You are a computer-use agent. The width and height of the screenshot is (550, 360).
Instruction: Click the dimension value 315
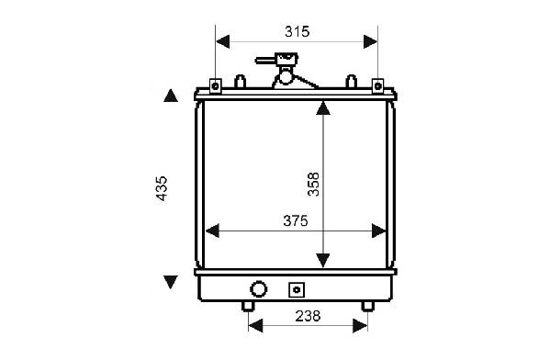[x=297, y=31]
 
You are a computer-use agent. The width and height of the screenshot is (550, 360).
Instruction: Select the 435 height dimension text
[x=162, y=188]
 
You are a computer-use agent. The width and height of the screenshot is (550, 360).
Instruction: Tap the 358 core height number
[x=313, y=185]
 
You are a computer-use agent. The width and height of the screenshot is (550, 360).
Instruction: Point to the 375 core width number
[x=296, y=220]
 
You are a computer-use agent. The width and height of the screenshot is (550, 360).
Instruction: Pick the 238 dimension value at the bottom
[x=308, y=316]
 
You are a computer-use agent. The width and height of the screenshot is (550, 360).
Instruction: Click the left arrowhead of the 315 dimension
[x=223, y=41]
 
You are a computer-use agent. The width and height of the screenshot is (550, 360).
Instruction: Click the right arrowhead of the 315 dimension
[x=370, y=41]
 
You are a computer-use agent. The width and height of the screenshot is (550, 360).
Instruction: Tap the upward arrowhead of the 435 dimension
[x=171, y=96]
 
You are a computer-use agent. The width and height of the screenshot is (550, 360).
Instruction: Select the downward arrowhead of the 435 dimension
[x=171, y=282]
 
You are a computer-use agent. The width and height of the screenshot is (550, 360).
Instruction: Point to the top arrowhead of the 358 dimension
[x=323, y=107]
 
